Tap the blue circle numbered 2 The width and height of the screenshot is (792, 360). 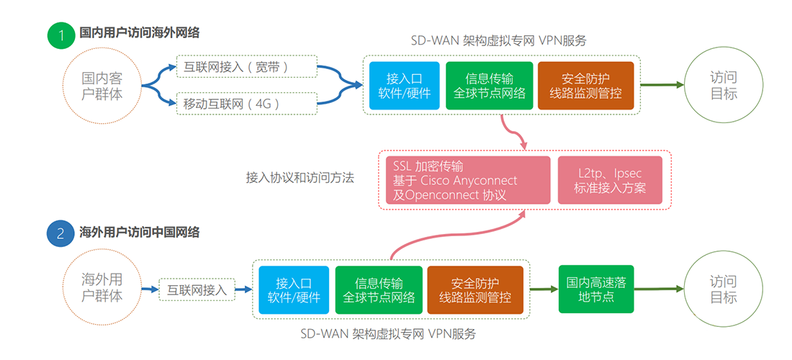[x=61, y=233]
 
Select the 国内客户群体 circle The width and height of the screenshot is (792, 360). [x=102, y=86]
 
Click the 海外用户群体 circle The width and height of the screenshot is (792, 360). [x=102, y=288]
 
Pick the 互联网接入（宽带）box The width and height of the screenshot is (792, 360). [x=246, y=67]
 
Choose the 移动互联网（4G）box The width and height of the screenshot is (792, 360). [x=246, y=104]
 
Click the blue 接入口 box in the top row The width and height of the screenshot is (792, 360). [x=404, y=86]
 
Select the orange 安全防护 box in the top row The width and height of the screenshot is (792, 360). [x=585, y=86]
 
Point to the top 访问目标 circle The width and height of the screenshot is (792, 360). [x=723, y=86]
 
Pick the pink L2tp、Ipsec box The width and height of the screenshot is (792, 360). [x=610, y=180]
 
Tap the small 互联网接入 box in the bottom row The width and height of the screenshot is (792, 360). [x=197, y=290]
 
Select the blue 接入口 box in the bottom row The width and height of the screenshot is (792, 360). [x=294, y=290]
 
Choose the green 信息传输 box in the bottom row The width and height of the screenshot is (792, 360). [x=379, y=290]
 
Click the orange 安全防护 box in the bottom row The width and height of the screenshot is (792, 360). [x=475, y=290]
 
